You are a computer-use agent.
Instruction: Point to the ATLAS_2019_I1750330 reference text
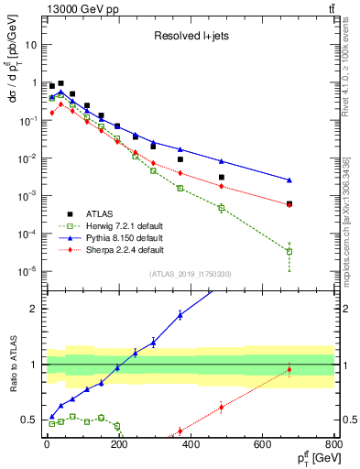(190, 274)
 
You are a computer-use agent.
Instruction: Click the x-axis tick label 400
(190, 447)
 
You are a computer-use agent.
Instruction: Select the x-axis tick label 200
(118, 447)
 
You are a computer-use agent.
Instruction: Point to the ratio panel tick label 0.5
(29, 420)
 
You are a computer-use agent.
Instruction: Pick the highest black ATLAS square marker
(60, 82)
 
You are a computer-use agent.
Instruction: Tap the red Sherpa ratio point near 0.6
(221, 408)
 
